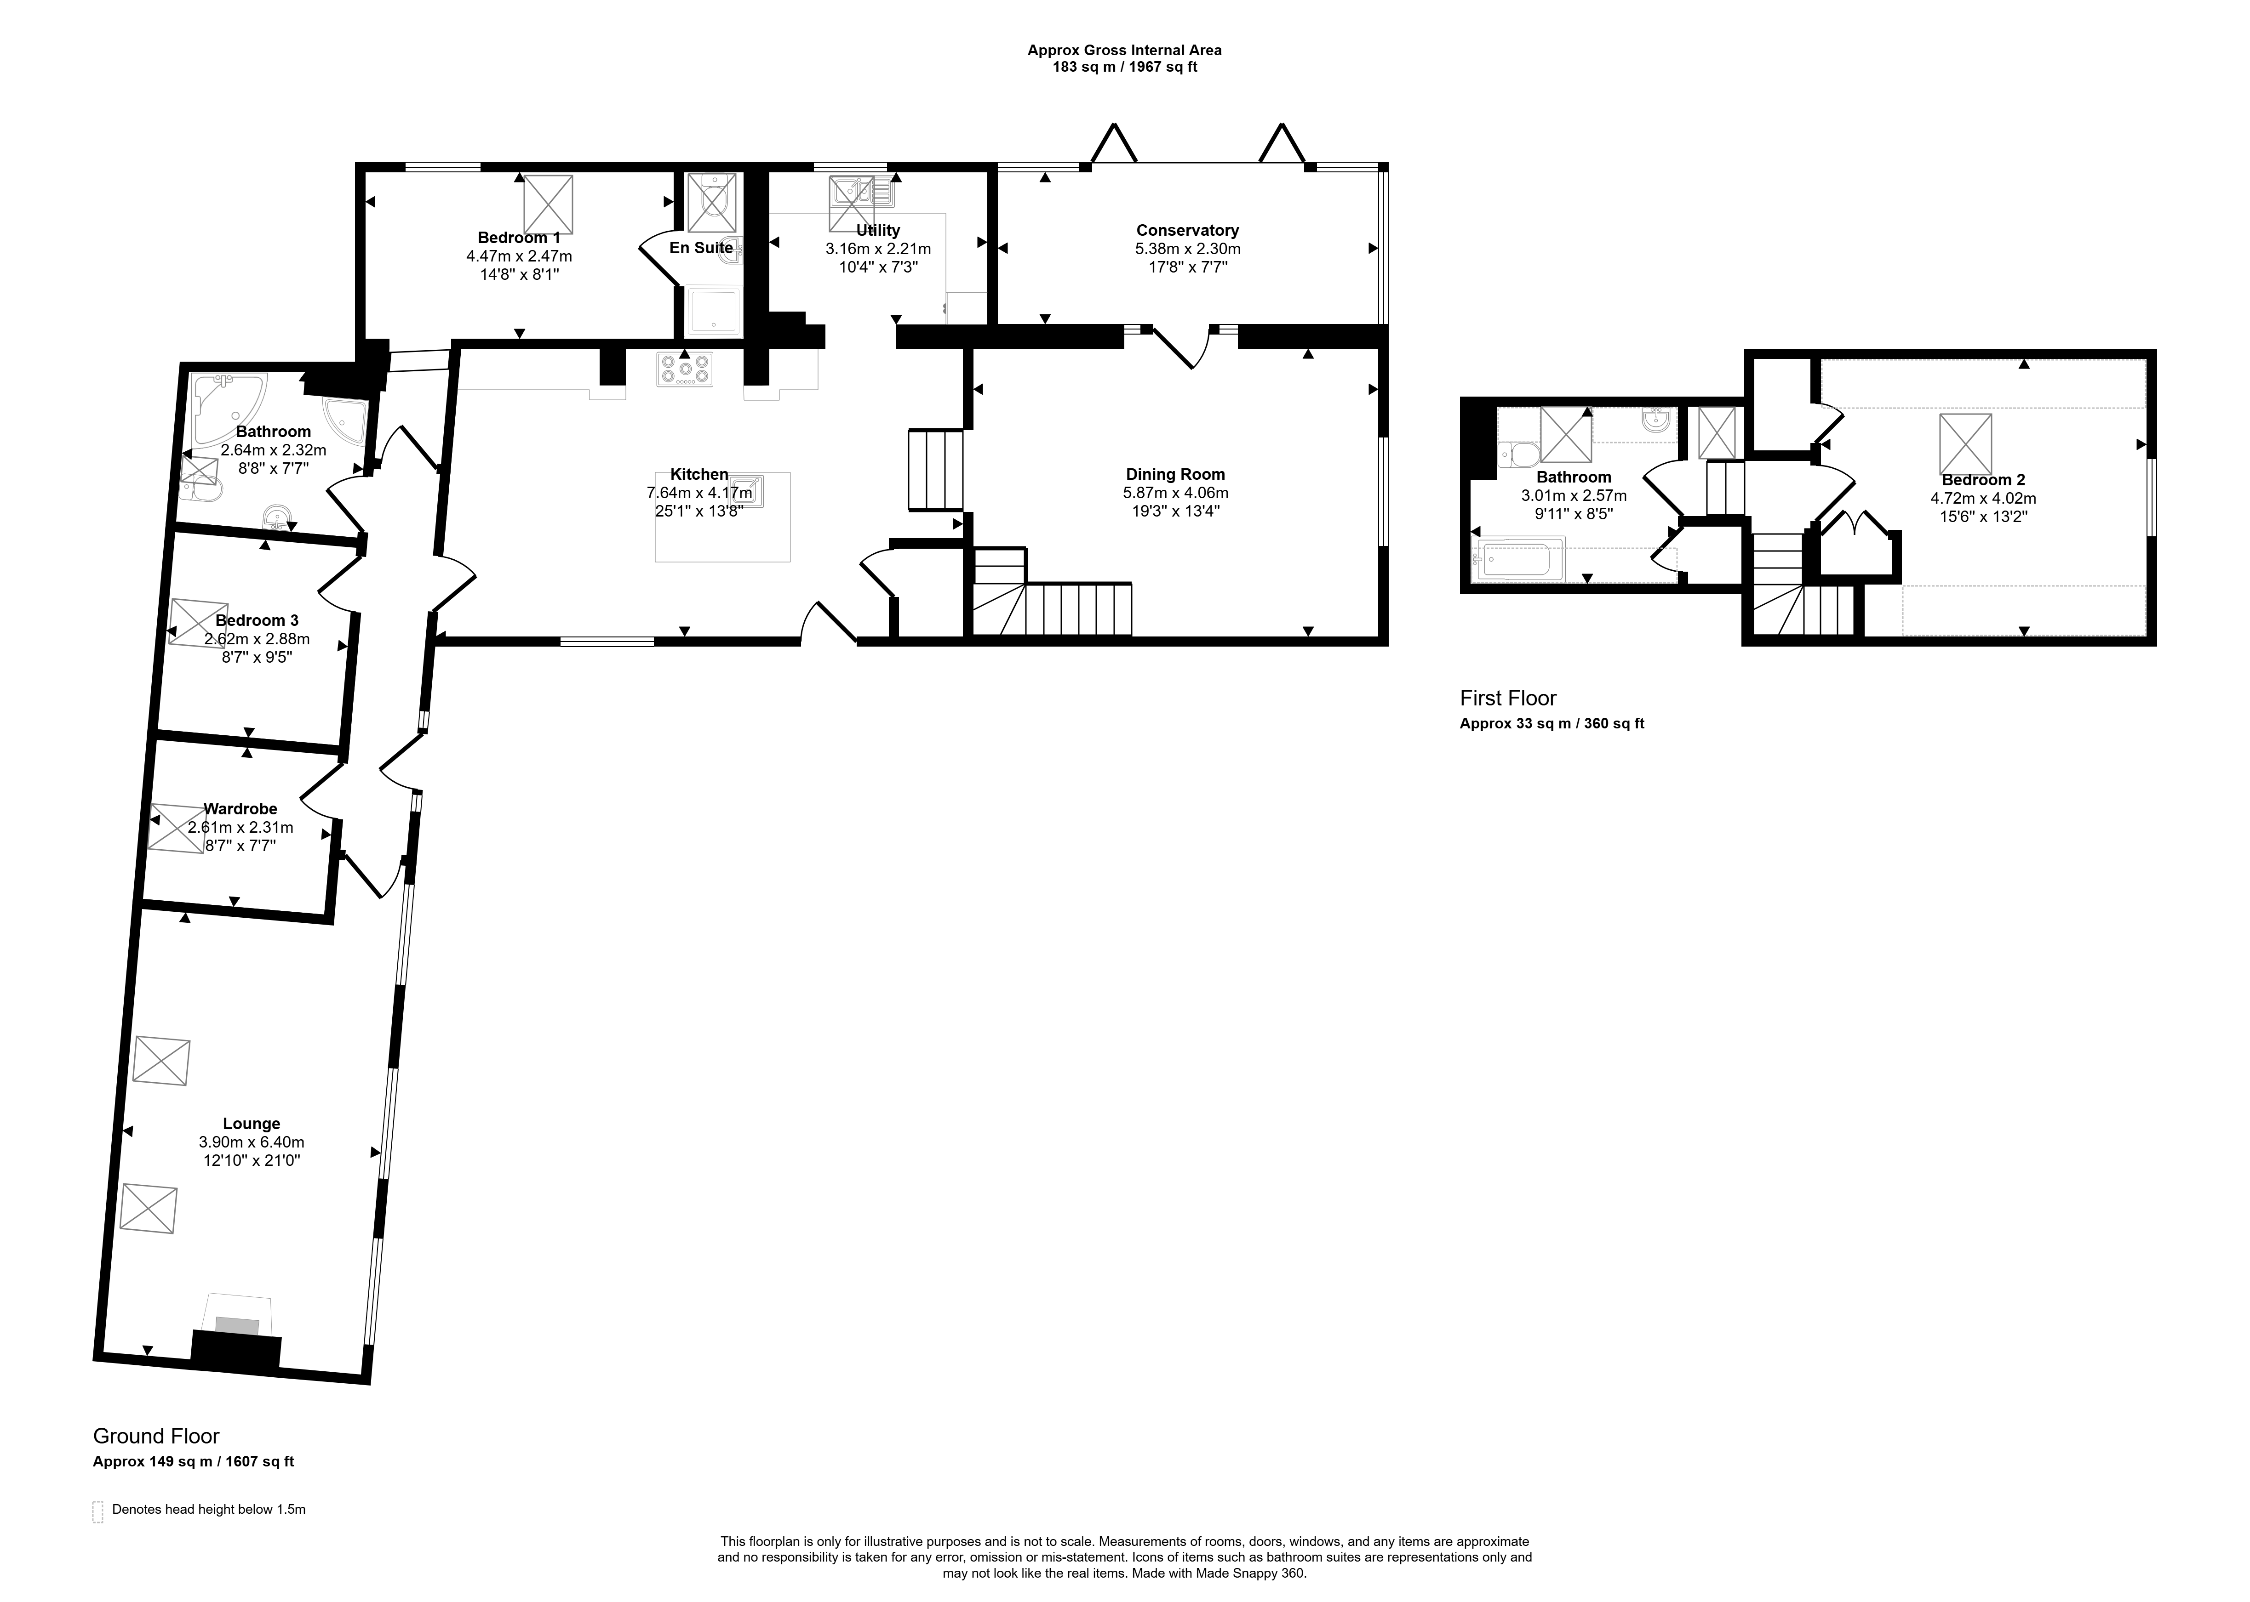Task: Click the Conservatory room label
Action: click(x=1187, y=231)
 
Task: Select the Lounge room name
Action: click(x=252, y=1124)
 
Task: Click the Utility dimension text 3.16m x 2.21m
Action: click(x=878, y=249)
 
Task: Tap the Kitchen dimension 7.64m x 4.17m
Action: click(x=700, y=492)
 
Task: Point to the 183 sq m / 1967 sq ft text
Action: click(x=1125, y=67)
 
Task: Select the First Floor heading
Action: click(x=1508, y=699)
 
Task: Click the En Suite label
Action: click(x=702, y=248)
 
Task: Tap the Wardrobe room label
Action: click(x=241, y=809)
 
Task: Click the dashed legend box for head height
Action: click(x=97, y=1512)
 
